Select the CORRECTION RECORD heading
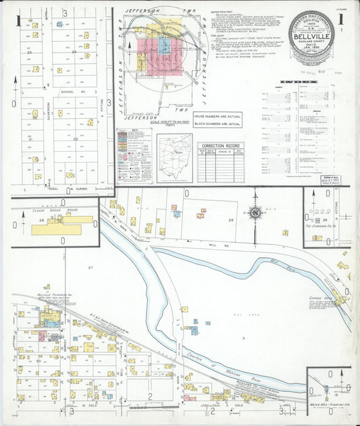[x=221, y=146]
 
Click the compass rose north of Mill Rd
[x=255, y=213]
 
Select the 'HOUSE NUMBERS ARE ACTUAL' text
[x=218, y=117]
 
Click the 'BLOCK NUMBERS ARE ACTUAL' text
[x=218, y=124]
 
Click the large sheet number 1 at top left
[x=18, y=19]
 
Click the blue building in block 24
[x=59, y=24]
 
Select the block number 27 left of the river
[x=90, y=268]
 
